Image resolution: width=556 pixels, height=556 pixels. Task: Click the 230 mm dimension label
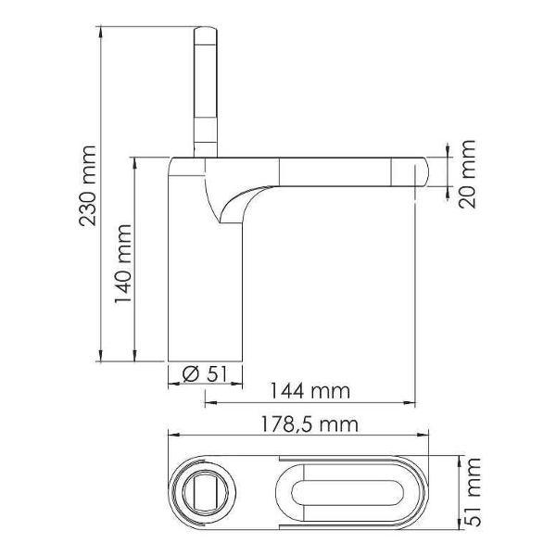tap(87, 185)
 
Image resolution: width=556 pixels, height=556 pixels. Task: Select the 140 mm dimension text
tap(122, 264)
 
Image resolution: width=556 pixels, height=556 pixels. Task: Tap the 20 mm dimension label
tap(467, 174)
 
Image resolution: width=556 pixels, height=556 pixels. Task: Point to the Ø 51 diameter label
tap(204, 373)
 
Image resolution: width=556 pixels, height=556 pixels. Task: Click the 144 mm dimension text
tap(310, 391)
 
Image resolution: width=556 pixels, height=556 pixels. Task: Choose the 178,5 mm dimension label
tap(310, 424)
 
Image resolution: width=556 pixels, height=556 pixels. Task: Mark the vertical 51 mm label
tap(473, 492)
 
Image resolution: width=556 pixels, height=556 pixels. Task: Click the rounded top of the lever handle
tap(206, 32)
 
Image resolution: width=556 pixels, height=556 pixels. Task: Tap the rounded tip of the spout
tap(423, 172)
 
